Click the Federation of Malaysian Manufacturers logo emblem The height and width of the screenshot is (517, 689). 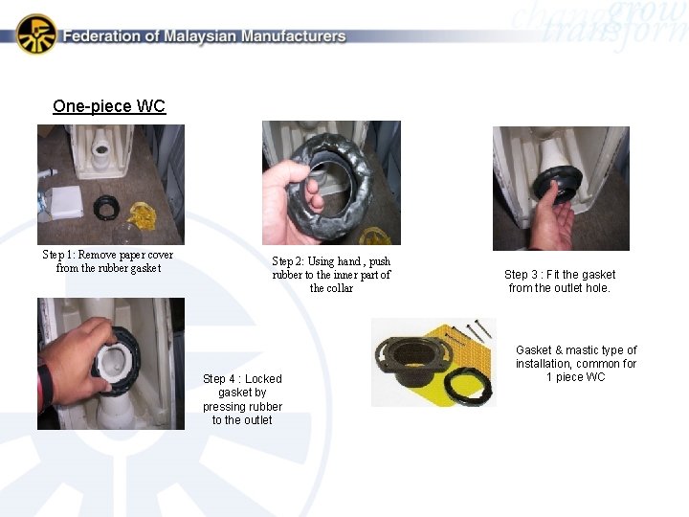click(36, 34)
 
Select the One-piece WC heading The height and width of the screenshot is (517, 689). click(109, 106)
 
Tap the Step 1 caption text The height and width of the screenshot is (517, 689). click(108, 261)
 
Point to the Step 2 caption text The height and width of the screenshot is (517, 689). click(331, 275)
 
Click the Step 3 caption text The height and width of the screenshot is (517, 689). click(560, 281)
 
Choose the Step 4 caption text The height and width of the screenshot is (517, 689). click(242, 399)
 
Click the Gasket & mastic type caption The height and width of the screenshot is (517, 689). click(576, 364)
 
